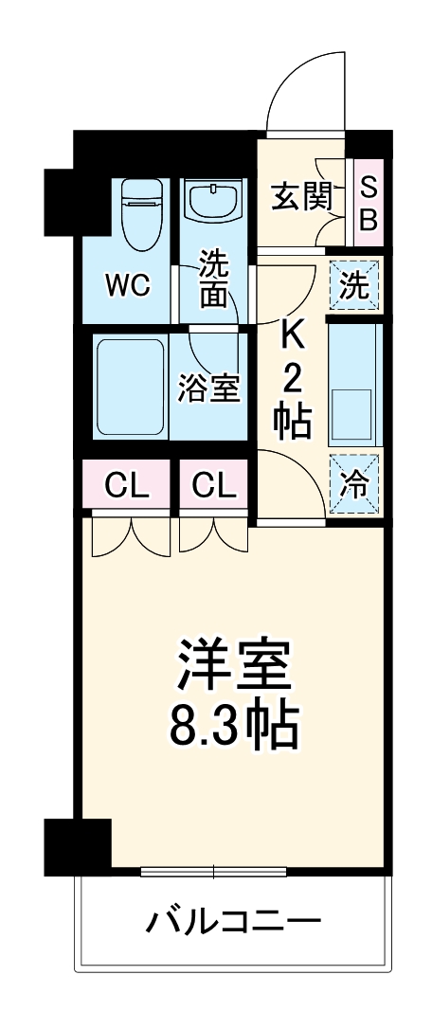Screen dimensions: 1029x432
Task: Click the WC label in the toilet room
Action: [x=127, y=286]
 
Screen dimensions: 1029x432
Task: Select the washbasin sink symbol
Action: [x=214, y=201]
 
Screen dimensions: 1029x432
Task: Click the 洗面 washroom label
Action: [x=214, y=278]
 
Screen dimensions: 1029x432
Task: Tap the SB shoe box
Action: [x=368, y=204]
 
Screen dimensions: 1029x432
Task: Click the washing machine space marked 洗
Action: [x=354, y=286]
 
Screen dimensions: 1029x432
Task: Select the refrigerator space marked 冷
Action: [x=354, y=484]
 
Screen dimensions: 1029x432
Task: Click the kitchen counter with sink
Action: [x=354, y=384]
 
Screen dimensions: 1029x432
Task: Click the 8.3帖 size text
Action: [x=235, y=729]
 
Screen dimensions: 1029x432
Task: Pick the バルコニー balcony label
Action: [x=233, y=921]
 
